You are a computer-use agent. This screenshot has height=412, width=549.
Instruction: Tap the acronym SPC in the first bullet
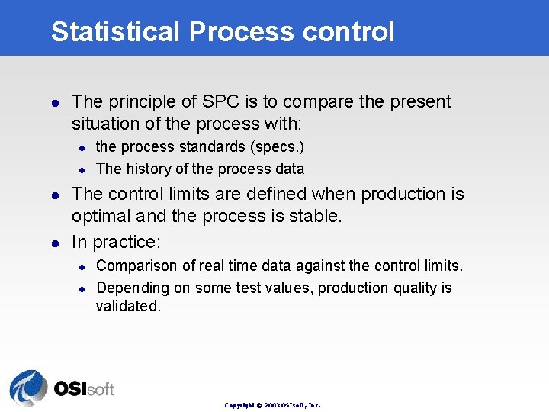point(220,102)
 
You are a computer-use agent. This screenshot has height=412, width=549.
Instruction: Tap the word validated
point(128,307)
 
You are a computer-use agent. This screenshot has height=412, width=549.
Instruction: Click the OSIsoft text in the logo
point(84,389)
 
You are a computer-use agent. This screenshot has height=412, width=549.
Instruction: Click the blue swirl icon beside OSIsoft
point(28,387)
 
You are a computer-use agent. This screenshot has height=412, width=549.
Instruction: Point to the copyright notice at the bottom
point(272,405)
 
